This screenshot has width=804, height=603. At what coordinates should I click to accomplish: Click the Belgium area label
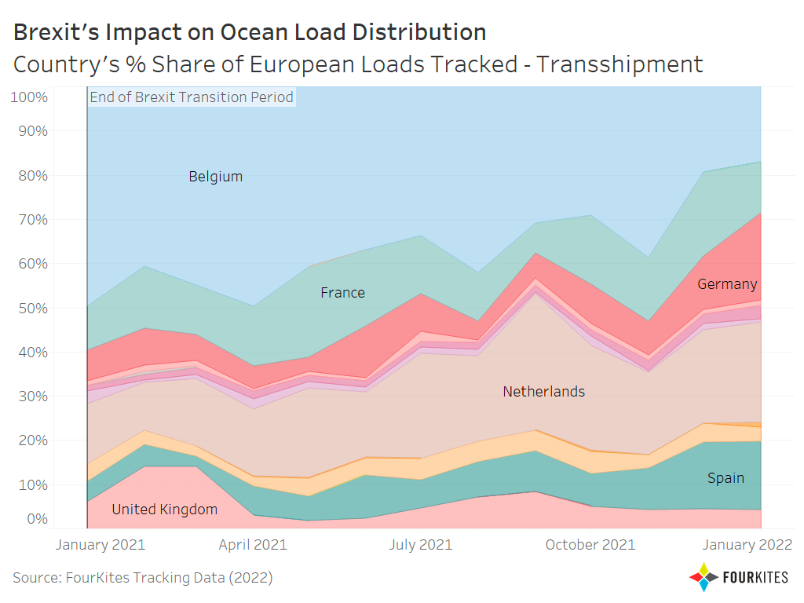[215, 177]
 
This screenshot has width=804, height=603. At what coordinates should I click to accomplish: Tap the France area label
[342, 293]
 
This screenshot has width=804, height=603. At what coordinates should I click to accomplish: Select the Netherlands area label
[543, 392]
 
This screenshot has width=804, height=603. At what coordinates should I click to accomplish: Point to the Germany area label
[727, 284]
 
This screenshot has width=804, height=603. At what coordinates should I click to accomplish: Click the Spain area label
[725, 478]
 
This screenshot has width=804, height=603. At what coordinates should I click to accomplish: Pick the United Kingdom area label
[165, 509]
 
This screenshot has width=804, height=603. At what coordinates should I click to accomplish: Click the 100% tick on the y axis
[29, 97]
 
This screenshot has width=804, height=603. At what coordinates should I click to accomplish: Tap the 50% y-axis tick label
[33, 308]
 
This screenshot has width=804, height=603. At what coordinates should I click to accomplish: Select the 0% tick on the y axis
[38, 519]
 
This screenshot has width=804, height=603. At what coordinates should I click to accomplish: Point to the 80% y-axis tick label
[33, 176]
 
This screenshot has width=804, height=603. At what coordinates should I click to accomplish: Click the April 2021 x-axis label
[253, 545]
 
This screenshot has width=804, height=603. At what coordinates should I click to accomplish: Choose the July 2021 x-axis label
[421, 545]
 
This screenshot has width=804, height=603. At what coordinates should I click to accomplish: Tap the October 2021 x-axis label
[590, 545]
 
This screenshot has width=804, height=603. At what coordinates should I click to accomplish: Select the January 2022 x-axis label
[747, 545]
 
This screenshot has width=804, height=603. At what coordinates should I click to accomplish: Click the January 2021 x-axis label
[100, 545]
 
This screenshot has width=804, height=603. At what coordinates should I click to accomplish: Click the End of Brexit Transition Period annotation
[192, 97]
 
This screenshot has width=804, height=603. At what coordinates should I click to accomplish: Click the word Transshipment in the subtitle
[620, 64]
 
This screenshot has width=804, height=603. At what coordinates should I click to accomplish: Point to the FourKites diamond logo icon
[704, 577]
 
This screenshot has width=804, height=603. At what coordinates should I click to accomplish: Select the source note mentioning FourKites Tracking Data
[143, 578]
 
